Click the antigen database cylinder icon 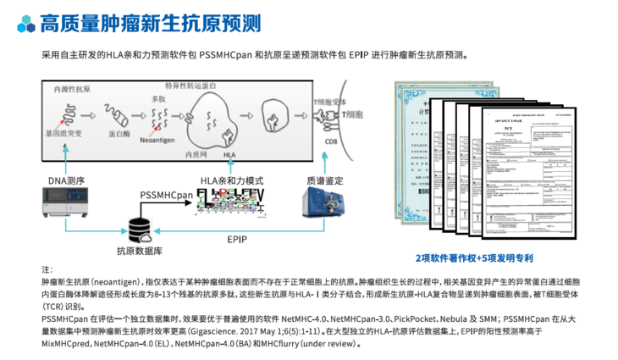pos(138,228)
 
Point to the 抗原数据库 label pos(137,252)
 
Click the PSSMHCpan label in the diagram pos(167,195)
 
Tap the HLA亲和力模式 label pos(231,181)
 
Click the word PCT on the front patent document pos(503,127)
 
